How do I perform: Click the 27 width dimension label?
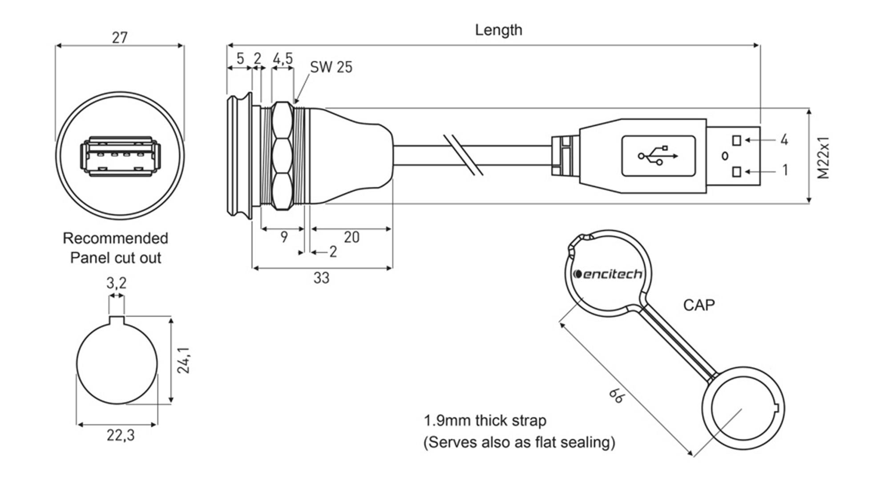pos(120,38)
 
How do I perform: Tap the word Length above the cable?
pos(498,30)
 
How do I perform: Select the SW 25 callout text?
pos(331,67)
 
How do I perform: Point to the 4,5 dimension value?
pos(283,58)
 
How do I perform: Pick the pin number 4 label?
pos(784,140)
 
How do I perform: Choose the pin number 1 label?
pos(785,170)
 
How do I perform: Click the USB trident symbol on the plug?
pos(658,156)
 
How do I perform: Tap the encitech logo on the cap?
pos(608,274)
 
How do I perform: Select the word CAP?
pos(699,305)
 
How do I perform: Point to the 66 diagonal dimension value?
pos(617,395)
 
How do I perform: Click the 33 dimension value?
pos(321,278)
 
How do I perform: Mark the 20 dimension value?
pos(351,237)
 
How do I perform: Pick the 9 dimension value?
pos(284,237)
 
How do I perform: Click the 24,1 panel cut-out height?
pos(184,360)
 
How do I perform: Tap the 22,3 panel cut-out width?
pos(120,435)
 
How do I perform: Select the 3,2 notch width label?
pos(117,283)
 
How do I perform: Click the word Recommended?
pos(115,238)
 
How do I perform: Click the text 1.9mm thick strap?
pos(485,421)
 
